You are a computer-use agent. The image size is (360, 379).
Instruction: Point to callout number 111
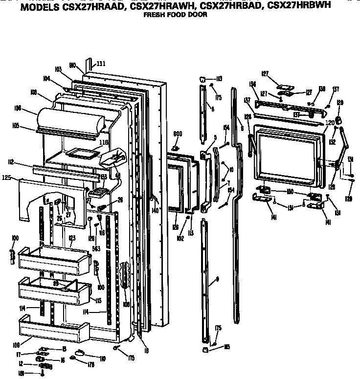tap(100, 64)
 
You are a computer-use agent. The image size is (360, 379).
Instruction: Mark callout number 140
tap(155, 210)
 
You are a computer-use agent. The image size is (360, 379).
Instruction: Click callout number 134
tap(253, 84)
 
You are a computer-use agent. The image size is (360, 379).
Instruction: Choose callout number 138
tap(322, 89)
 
